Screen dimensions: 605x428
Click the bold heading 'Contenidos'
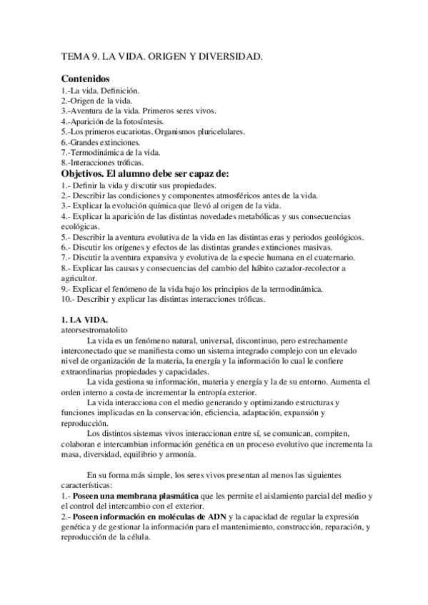[85, 78]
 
